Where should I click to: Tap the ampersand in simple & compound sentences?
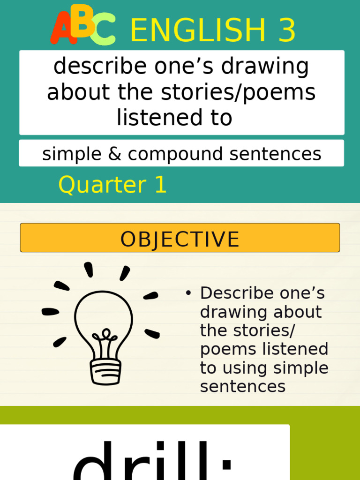[x=114, y=154]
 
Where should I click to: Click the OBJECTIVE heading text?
[x=180, y=240]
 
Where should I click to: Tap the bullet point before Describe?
[x=188, y=293]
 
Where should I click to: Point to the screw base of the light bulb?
[x=105, y=371]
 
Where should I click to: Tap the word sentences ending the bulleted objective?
[x=242, y=387]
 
